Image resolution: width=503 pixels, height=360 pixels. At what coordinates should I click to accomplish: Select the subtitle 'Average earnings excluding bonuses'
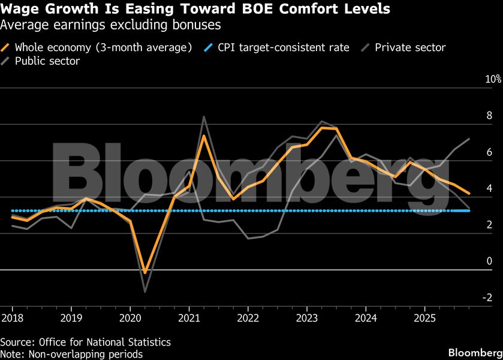(x=111, y=25)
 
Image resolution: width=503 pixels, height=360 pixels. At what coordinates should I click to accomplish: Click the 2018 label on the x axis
(x=12, y=316)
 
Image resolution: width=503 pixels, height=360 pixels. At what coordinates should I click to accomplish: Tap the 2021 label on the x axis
(x=189, y=316)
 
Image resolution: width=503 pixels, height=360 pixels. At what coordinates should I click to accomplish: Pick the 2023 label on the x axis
(x=307, y=316)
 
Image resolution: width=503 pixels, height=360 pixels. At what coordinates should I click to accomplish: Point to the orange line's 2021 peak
(x=204, y=136)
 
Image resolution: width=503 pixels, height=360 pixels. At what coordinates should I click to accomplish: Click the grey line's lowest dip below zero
(x=145, y=292)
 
